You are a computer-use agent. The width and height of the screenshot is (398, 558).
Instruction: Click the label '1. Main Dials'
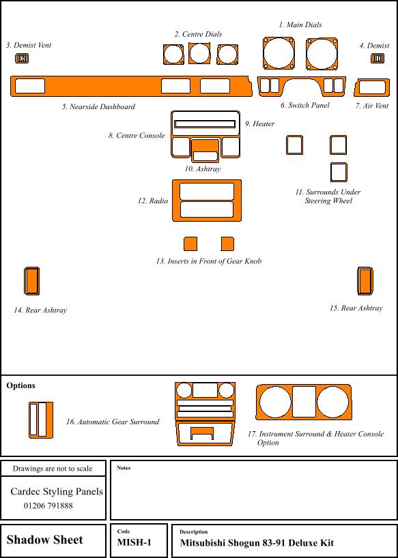pyautogui.click(x=300, y=25)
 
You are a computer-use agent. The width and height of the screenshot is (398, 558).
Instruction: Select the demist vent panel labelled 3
pyautogui.click(x=22, y=59)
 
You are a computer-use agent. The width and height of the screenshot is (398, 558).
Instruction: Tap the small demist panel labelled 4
pyautogui.click(x=377, y=59)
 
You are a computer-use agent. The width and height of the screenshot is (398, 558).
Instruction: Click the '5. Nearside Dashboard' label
pyautogui.click(x=98, y=106)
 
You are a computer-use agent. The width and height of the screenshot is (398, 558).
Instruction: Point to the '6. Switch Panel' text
pyautogui.click(x=304, y=105)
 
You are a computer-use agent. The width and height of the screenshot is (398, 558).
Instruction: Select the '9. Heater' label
pyautogui.click(x=259, y=124)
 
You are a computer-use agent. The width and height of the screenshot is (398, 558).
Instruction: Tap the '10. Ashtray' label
pyautogui.click(x=202, y=169)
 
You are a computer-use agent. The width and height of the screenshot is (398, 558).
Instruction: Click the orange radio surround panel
pyautogui.click(x=207, y=182)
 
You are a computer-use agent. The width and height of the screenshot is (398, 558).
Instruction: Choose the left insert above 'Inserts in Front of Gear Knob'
pyautogui.click(x=190, y=244)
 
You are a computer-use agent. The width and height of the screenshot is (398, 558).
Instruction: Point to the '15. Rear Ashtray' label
pyautogui.click(x=356, y=308)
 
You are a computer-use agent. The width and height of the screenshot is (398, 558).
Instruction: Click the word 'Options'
pyautogui.click(x=20, y=385)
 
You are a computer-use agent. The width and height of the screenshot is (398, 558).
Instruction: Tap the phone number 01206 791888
pyautogui.click(x=48, y=505)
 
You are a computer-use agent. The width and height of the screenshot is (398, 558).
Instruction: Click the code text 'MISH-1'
pyautogui.click(x=134, y=542)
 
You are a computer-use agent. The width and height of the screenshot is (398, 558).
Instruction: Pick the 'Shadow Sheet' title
pyautogui.click(x=44, y=540)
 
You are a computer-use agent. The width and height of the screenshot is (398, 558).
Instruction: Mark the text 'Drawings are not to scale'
pyautogui.click(x=53, y=469)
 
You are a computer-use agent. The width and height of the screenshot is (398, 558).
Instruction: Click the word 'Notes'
pyautogui.click(x=124, y=468)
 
